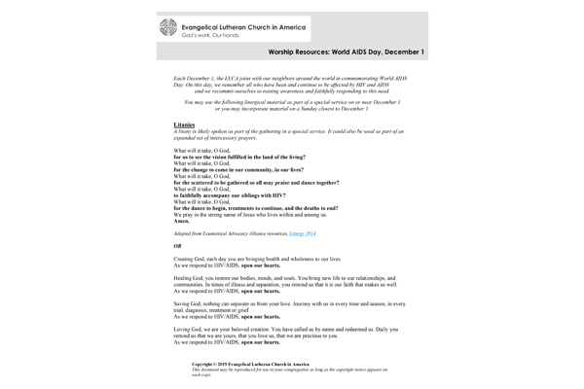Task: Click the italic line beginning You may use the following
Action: [292, 101]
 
